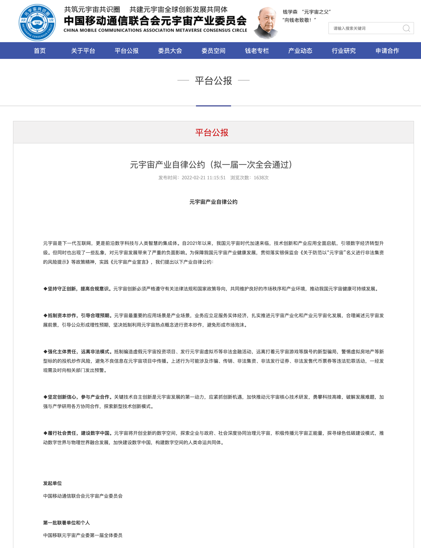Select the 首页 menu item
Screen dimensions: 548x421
40,51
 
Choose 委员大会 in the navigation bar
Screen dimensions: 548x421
170,51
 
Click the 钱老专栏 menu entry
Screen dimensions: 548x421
257,51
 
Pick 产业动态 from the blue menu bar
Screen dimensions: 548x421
300,51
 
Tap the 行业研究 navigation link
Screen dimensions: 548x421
343,51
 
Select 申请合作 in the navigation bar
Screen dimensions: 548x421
387,51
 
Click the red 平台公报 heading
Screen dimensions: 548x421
212,132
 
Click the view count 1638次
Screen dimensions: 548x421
261,178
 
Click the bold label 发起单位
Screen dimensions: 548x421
52,483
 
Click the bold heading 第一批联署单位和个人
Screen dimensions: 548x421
66,523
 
